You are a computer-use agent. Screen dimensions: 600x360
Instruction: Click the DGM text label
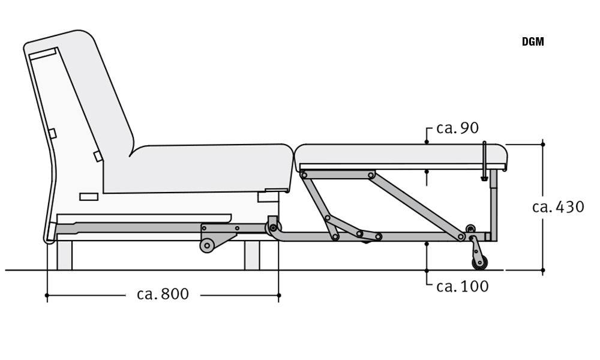[533, 42]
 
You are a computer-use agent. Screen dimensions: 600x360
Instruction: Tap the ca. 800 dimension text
[163, 294]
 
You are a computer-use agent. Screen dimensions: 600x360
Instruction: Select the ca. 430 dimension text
[558, 207]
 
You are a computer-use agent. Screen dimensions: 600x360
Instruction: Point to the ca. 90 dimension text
[457, 128]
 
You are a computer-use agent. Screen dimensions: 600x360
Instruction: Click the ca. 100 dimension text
[462, 286]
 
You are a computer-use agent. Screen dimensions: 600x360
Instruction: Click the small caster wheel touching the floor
[479, 262]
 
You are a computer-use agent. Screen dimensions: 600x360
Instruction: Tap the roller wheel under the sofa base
[207, 245]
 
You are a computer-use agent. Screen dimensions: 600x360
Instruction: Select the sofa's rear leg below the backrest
[64, 255]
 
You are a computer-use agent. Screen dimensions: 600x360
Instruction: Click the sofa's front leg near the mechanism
[252, 255]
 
